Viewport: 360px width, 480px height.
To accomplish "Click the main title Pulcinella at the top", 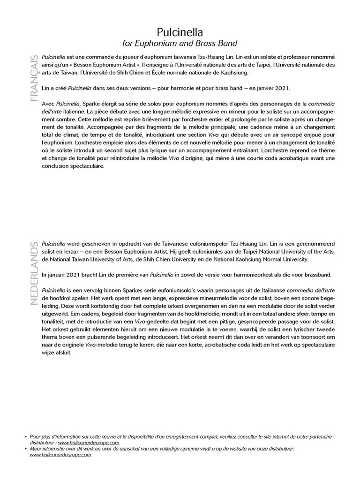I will pos(180,32).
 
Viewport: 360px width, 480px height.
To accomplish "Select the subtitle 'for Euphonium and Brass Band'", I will pos(180,44).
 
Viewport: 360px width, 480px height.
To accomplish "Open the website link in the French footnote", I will pos(89,442).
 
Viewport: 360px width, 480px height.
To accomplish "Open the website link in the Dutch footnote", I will pos(60,455).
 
